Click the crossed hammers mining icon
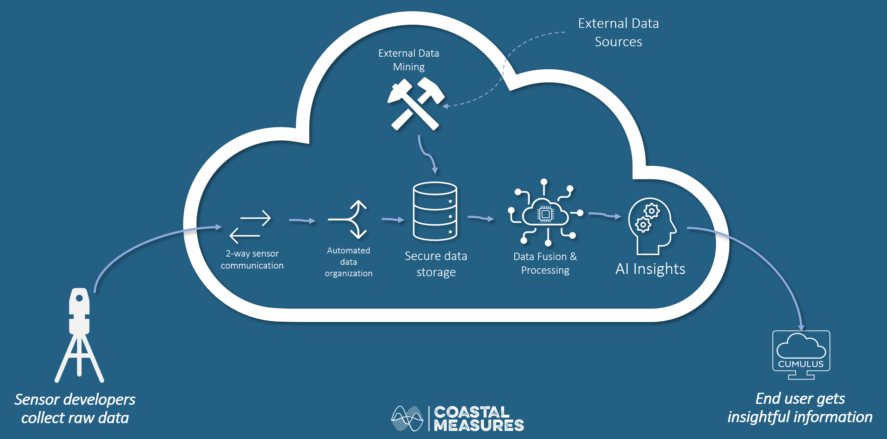[415, 104]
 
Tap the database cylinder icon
[435, 211]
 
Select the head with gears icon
[650, 226]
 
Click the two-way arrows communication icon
[251, 226]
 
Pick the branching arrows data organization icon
[350, 219]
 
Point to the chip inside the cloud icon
[545, 214]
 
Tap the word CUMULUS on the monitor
[801, 364]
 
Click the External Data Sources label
[618, 32]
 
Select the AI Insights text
[650, 269]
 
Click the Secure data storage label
[436, 264]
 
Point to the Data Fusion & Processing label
[545, 263]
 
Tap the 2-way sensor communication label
[252, 259]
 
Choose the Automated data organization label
[348, 262]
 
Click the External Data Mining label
[409, 60]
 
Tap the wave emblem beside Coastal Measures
[407, 418]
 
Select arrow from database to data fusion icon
[481, 218]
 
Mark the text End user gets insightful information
[799, 408]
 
